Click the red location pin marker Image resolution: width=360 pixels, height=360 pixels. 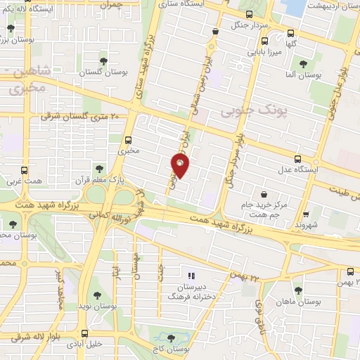[181, 165]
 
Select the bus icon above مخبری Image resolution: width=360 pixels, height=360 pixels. [128, 139]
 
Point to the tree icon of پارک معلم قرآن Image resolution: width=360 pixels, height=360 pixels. [98, 168]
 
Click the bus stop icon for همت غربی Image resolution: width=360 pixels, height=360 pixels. [25, 170]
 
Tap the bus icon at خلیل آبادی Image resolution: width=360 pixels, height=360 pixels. [84, 333]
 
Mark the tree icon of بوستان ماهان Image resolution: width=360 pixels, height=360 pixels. [298, 289]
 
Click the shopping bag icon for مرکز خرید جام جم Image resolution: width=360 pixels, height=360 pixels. [263, 193]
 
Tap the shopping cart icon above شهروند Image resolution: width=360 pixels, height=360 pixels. [306, 215]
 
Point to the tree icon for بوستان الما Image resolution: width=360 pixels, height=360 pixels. [303, 63]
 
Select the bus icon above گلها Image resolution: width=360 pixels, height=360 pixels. [291, 32]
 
